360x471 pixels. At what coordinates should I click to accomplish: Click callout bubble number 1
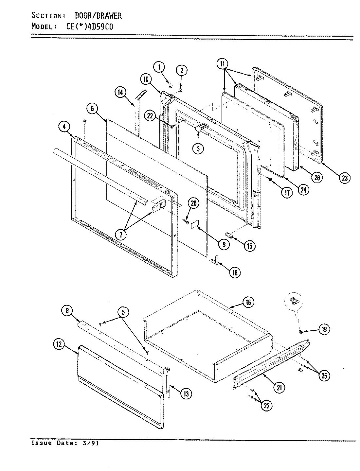coord(159,67)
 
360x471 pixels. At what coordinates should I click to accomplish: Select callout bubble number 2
coord(182,70)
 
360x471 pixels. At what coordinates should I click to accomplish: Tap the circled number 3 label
coord(198,148)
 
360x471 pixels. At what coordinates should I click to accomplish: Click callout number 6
coord(93,109)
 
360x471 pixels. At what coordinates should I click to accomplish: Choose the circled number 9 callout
coord(224,244)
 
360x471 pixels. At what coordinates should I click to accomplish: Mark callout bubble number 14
coord(120,93)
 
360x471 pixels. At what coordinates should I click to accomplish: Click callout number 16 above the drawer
coord(248,302)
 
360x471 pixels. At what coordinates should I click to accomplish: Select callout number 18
coord(234,272)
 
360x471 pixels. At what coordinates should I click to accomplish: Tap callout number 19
coord(324,329)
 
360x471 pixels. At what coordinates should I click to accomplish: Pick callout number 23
coord(345,178)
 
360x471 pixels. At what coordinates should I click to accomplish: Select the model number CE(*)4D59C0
coord(90,26)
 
